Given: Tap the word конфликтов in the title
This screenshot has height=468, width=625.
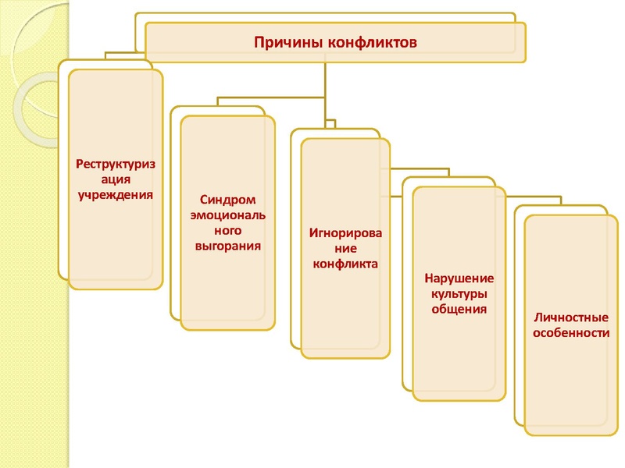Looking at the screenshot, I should [x=372, y=42].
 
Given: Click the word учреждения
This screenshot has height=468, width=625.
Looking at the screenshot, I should [x=116, y=193].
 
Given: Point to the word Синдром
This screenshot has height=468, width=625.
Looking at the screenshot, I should [x=227, y=200].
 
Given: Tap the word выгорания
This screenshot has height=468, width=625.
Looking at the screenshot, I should [x=227, y=246].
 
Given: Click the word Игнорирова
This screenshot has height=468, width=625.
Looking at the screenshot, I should [x=345, y=233].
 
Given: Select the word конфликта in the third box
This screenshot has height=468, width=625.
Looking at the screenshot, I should [x=345, y=264].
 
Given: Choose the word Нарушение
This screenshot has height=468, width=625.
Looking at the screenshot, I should [x=459, y=278].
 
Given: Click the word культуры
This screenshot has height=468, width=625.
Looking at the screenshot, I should [x=459, y=294].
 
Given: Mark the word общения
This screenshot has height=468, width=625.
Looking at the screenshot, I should [x=459, y=309].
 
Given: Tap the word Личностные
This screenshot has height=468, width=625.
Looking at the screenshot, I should [x=571, y=317].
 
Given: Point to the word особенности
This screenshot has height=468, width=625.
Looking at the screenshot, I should [x=571, y=333].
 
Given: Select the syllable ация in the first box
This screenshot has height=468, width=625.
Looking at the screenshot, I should [x=116, y=179].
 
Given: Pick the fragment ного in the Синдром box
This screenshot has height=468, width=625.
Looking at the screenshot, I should [x=227, y=231].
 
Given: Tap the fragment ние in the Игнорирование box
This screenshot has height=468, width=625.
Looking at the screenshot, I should [x=345, y=249].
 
